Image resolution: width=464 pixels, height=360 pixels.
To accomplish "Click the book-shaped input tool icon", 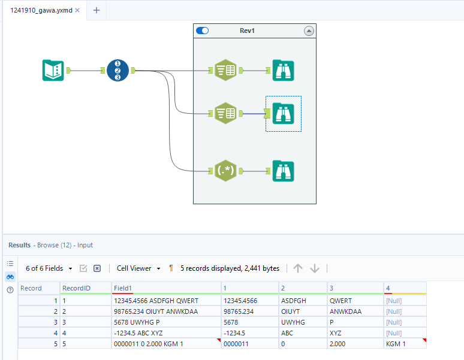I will click(x=53, y=71).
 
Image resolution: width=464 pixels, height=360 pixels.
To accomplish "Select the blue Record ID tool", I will click(x=117, y=71).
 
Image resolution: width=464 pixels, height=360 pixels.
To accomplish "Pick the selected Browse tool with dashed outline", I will click(x=283, y=113).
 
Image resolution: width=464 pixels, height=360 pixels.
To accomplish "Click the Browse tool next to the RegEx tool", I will click(x=283, y=171).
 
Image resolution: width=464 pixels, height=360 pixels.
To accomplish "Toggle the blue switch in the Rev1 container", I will click(x=203, y=31).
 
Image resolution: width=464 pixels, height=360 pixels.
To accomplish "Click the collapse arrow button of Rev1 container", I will click(x=309, y=31).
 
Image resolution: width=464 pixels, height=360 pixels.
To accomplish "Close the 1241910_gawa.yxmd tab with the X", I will click(x=77, y=10).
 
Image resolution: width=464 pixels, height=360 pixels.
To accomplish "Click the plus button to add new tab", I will click(x=96, y=10).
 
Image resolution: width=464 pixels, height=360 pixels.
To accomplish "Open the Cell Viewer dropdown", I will click(x=138, y=268).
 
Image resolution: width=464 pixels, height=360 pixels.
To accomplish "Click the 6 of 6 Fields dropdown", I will click(x=49, y=268).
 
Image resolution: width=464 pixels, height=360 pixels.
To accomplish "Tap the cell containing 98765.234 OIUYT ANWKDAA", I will click(x=155, y=311).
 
